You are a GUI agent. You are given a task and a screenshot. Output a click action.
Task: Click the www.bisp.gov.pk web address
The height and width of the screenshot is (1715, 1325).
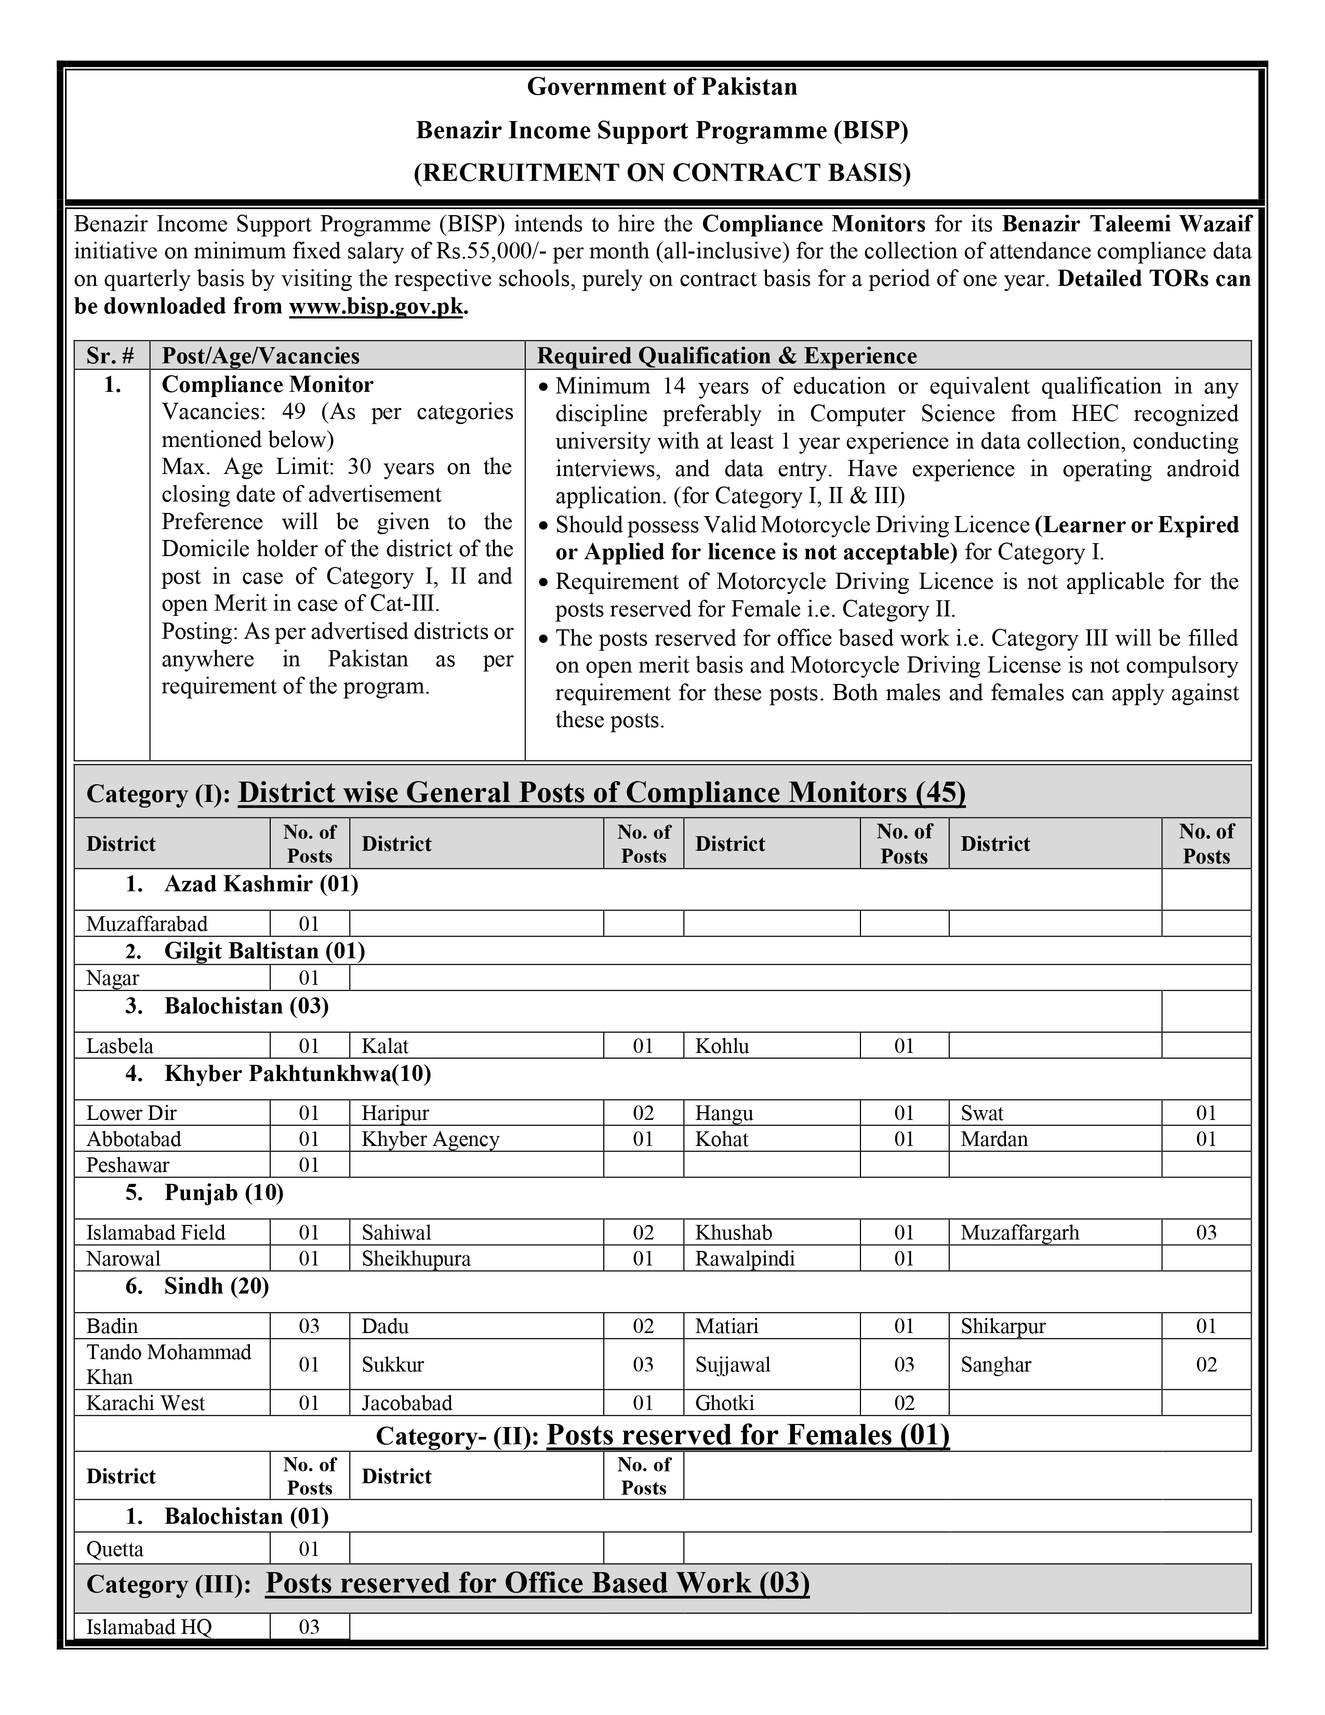(x=377, y=306)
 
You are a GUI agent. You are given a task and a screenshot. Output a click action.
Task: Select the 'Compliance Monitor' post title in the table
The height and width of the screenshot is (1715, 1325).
(x=267, y=385)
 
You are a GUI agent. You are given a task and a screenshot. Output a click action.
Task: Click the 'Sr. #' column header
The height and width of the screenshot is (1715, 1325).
(x=111, y=355)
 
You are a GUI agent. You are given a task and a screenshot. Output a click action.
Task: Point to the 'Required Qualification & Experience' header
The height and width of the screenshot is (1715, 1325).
(x=726, y=355)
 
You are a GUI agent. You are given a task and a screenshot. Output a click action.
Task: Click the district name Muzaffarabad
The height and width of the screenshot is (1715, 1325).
(x=147, y=924)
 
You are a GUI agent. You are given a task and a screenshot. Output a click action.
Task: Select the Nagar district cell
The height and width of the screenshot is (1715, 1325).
(x=112, y=978)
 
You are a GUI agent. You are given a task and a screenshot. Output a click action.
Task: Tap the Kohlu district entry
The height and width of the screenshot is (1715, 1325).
(x=722, y=1046)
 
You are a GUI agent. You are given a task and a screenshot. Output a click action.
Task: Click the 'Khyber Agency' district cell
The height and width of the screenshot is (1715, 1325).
(x=430, y=1139)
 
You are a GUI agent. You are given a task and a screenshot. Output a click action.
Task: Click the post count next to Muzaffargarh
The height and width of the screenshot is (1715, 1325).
(x=1205, y=1232)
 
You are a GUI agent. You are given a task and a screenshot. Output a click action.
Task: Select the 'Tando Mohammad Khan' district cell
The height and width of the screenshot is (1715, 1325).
(x=169, y=1364)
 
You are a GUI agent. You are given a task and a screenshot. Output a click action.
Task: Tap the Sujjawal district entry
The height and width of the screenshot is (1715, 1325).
(x=732, y=1364)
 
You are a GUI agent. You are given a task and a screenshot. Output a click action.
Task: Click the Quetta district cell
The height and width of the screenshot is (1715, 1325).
(x=115, y=1549)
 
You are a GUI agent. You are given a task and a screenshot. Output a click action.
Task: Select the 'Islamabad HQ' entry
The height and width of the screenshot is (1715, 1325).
(x=149, y=1626)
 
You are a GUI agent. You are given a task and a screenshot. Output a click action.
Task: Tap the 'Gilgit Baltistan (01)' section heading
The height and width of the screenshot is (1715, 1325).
(x=264, y=951)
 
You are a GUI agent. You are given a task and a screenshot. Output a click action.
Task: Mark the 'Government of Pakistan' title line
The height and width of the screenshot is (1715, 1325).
(x=661, y=86)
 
